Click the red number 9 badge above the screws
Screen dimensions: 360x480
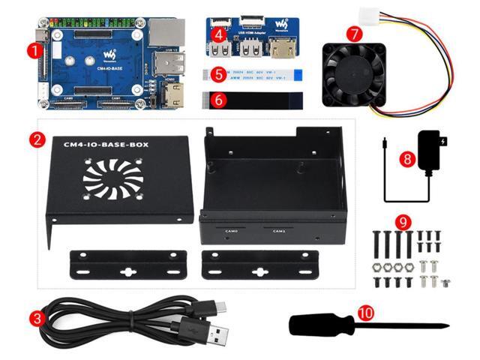click(x=403, y=222)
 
